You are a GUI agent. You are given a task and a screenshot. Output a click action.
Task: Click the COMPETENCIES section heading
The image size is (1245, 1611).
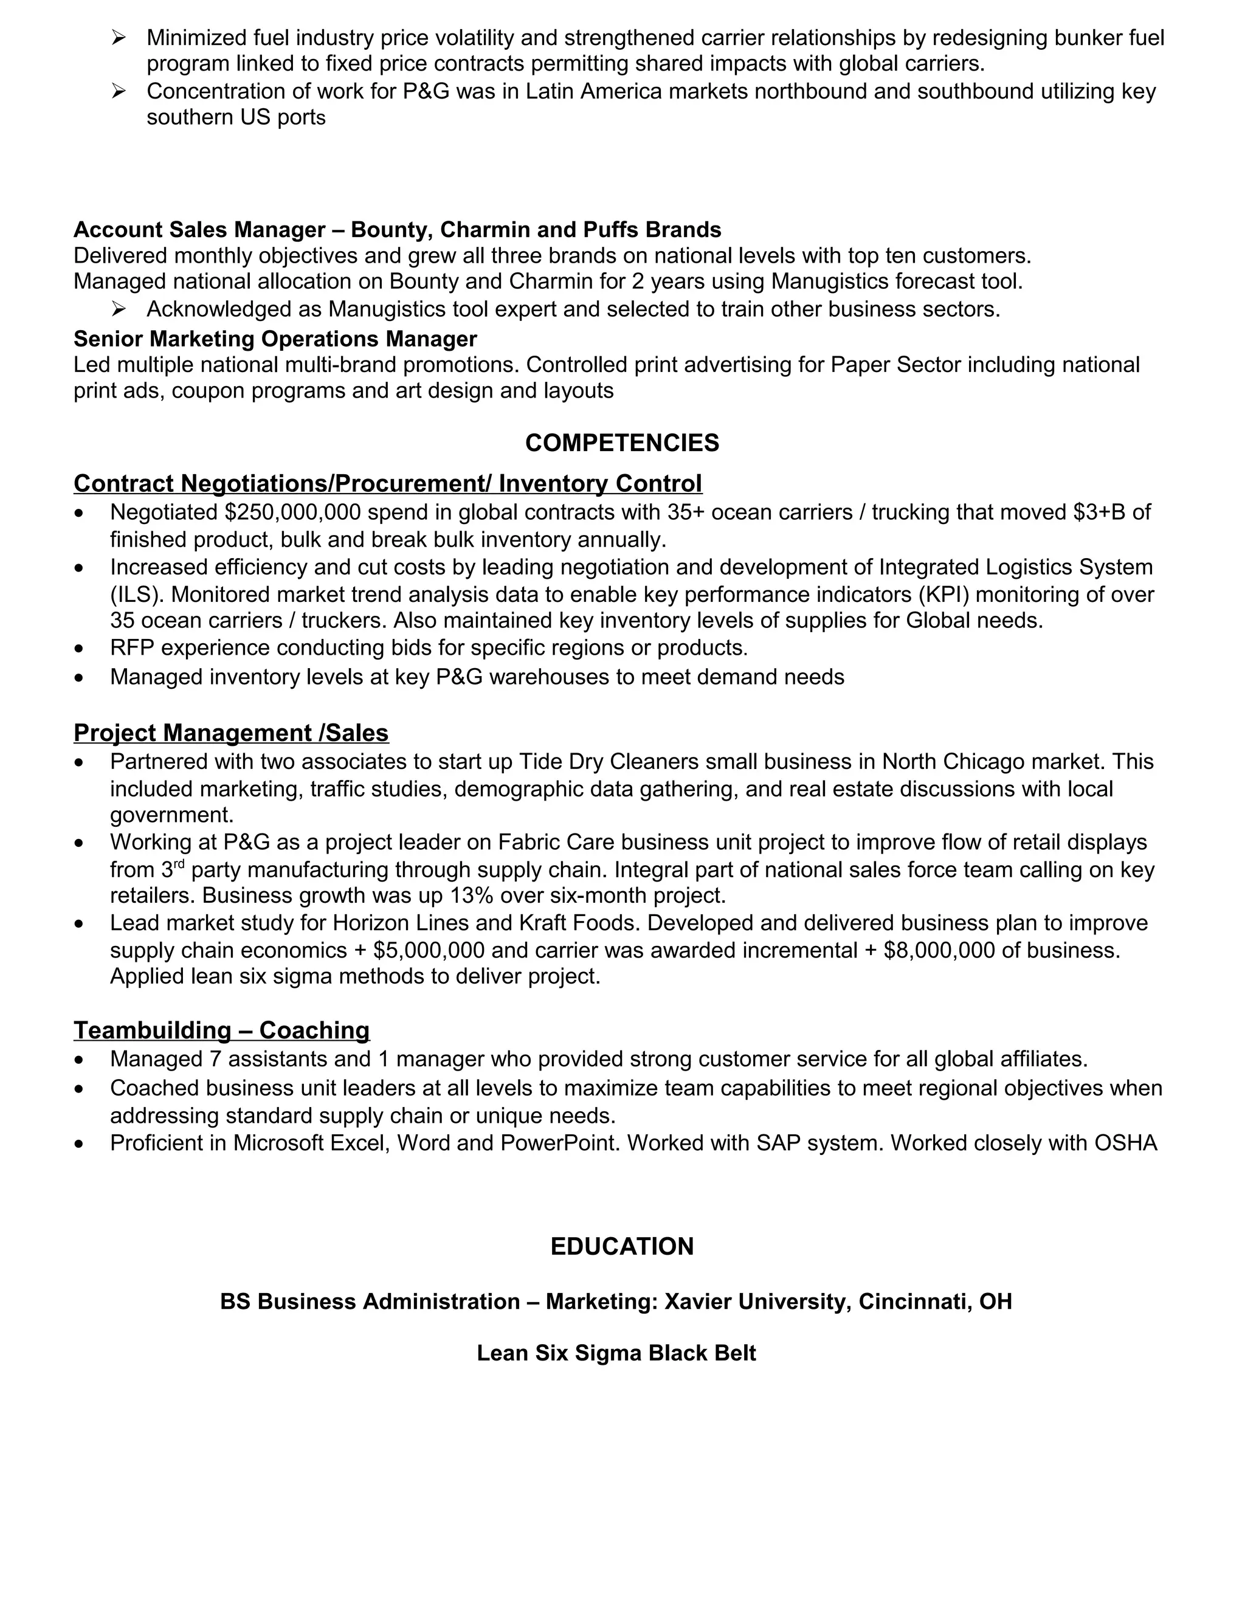tap(622, 443)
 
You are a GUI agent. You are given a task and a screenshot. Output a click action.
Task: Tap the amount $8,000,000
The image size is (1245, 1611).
tap(939, 950)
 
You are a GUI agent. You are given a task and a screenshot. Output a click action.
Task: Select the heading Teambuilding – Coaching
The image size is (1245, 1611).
tap(221, 1030)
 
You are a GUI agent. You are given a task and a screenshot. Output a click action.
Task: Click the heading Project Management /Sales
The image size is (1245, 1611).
tap(231, 733)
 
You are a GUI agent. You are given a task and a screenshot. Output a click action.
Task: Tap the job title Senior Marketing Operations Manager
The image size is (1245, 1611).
tap(275, 339)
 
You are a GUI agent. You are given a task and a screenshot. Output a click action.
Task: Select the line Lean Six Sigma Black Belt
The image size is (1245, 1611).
tap(616, 1353)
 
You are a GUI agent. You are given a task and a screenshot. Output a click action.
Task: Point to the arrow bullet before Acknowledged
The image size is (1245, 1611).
tap(119, 308)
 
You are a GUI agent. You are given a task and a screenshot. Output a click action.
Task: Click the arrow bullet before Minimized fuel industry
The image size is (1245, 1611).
tap(119, 37)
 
